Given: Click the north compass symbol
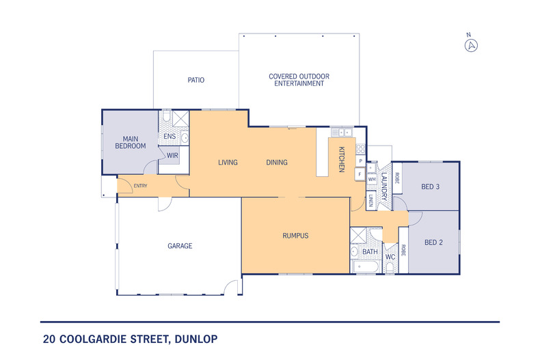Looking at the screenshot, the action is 471,45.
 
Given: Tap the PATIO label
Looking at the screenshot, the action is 196,80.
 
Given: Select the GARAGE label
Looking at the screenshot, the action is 180,246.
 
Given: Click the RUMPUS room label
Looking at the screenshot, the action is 295,236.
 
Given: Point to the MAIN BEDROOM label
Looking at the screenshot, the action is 130,143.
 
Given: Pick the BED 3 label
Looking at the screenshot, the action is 430,187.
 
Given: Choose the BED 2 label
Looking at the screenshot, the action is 433,243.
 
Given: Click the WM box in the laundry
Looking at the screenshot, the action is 372,179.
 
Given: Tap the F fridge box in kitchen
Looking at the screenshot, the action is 360,174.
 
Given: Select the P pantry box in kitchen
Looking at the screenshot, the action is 361,161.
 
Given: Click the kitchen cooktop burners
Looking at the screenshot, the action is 361,149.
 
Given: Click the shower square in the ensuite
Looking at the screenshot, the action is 180,118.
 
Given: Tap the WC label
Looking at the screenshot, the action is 390,257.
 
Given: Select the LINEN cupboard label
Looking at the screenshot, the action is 371,200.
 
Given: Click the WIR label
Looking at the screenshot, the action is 172,156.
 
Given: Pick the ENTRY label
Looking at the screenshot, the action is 141,186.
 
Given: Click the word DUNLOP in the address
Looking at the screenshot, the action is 196,339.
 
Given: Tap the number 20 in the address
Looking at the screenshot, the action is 49,339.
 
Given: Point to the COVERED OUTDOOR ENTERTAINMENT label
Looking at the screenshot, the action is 299,80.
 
